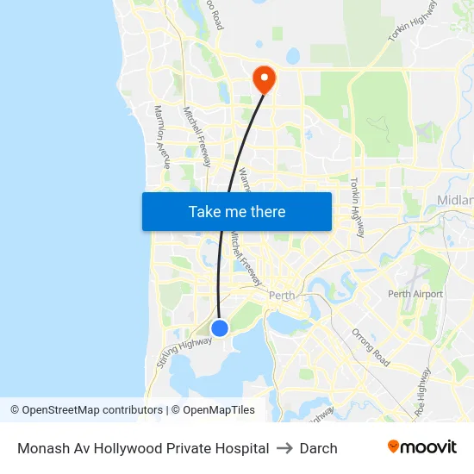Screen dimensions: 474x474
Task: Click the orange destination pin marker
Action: click(263, 80)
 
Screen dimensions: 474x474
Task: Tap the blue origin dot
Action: click(220, 327)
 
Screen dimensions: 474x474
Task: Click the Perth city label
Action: click(282, 295)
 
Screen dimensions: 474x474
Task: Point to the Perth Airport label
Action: click(415, 294)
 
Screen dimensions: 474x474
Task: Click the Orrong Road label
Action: click(371, 346)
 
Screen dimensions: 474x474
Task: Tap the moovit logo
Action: click(421, 447)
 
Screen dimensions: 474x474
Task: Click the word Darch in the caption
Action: click(318, 448)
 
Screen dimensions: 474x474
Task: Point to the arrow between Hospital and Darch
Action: click(284, 448)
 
